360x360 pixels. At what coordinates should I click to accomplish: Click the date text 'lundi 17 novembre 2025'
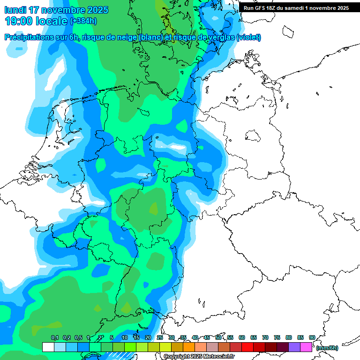56,10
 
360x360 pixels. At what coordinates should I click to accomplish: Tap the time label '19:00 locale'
36,21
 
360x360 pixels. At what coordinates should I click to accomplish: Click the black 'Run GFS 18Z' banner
296,8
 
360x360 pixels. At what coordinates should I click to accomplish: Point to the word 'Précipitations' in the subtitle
28,37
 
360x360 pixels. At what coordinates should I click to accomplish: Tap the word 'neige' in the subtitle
124,37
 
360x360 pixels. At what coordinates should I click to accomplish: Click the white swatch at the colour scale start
48,347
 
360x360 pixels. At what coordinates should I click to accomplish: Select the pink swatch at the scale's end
306,347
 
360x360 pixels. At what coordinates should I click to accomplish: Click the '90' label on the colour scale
312,337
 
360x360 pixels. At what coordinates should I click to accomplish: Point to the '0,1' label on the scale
54,337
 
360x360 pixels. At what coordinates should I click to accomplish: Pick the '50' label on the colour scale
218,337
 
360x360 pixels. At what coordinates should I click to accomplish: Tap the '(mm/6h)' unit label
327,348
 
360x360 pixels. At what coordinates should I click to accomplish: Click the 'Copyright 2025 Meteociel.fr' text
199,356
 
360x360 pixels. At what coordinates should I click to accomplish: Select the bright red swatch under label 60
247,347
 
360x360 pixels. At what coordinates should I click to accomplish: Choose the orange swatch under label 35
189,347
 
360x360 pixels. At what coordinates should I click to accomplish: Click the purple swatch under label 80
294,347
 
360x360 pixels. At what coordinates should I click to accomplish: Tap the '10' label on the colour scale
125,337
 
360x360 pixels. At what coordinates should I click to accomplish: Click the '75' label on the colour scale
277,337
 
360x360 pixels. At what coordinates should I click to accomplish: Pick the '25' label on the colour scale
160,337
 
